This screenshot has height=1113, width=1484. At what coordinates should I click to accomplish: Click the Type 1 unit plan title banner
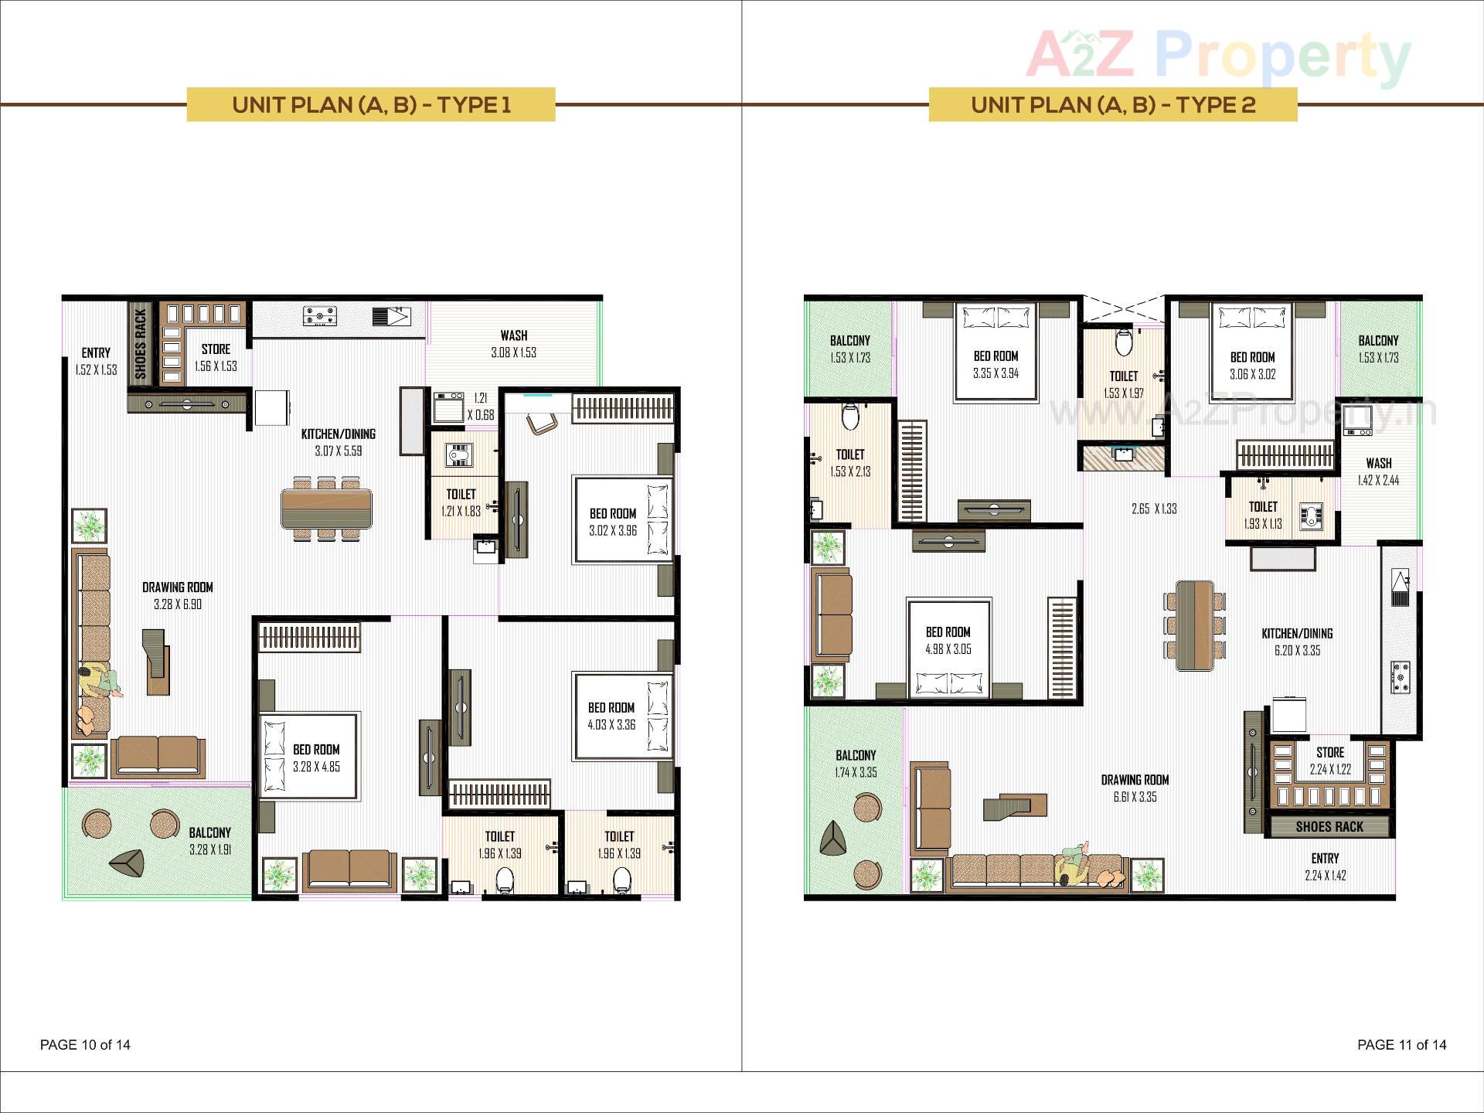tap(371, 104)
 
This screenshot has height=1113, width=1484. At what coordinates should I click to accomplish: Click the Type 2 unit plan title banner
tap(1112, 104)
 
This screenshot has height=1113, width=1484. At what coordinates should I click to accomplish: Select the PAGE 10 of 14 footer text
tap(85, 1045)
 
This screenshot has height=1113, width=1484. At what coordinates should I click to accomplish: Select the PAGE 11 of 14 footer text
tap(1401, 1045)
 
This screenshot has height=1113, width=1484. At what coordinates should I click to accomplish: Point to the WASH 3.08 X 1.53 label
tap(513, 344)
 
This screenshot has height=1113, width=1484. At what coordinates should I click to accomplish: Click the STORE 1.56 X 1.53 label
tap(216, 357)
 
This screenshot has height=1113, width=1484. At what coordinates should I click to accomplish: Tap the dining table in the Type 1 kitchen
tap(326, 509)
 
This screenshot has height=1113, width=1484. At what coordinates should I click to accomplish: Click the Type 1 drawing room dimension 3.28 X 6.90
tap(177, 604)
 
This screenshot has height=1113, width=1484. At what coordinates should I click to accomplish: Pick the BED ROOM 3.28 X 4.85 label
tap(316, 757)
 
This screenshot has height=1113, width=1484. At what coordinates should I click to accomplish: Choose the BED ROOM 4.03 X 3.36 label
tap(611, 716)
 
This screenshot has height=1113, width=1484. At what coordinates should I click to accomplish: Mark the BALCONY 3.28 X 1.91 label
tap(209, 841)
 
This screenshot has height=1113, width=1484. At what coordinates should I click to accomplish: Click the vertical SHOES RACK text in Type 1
tap(140, 343)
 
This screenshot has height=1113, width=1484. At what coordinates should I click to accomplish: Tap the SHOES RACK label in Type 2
tap(1329, 826)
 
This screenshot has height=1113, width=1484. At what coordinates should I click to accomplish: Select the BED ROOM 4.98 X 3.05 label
tap(948, 641)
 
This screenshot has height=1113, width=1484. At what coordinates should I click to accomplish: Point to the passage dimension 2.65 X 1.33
tap(1154, 509)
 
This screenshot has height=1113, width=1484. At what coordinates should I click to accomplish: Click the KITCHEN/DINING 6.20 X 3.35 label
tap(1297, 642)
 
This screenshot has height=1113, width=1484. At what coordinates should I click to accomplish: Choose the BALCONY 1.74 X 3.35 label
tap(856, 764)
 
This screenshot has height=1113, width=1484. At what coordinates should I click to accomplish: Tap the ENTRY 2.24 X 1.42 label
tap(1325, 866)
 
